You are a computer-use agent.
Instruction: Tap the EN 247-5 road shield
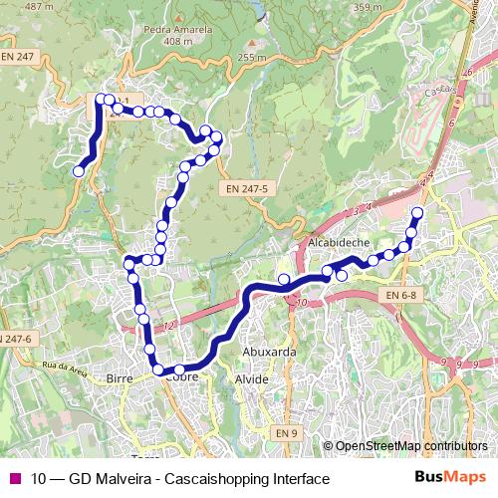click(246, 186)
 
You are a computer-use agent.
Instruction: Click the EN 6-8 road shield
click(402, 296)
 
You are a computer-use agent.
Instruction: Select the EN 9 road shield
click(287, 432)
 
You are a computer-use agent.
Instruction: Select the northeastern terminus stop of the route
click(417, 213)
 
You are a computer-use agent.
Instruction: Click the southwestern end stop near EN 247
click(78, 171)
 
